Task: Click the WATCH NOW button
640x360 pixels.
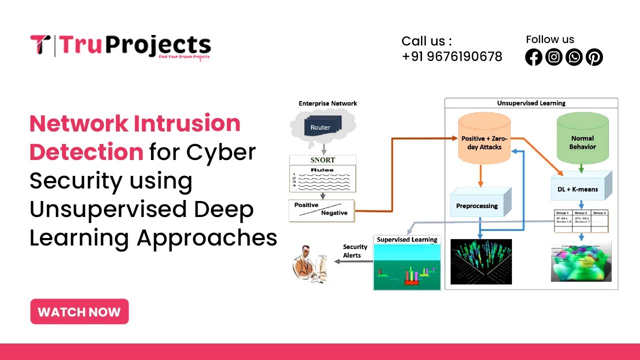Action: (79, 312)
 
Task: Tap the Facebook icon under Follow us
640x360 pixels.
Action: (533, 57)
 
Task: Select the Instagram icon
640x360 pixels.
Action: (553, 57)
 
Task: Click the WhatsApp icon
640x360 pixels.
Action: (574, 57)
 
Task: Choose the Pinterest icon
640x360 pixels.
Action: (594, 57)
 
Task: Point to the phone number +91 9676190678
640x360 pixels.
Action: (451, 56)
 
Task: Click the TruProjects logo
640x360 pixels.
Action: (120, 46)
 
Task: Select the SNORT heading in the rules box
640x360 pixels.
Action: (322, 160)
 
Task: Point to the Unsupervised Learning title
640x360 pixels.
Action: (531, 103)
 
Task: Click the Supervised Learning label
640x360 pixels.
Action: (407, 239)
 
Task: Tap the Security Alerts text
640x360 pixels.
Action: (355, 251)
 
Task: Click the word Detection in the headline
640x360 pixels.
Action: (86, 152)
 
